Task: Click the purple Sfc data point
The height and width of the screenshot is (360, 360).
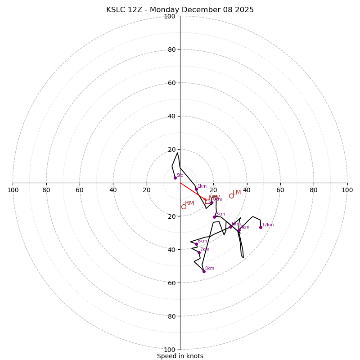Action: coord(175,178)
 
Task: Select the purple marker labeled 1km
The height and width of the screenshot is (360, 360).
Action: coord(196,189)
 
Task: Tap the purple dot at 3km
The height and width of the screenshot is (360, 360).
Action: coord(214,217)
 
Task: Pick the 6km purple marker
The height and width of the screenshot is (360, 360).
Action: coord(196,244)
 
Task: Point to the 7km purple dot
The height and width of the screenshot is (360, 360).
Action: coord(199,252)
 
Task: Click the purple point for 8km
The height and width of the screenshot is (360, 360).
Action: coord(204,271)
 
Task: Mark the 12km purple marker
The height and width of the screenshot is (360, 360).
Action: coord(261,227)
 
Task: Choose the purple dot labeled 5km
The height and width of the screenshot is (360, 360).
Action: coord(230,227)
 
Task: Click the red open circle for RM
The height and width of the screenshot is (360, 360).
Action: coord(184,207)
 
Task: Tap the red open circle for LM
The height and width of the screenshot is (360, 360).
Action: coord(231,196)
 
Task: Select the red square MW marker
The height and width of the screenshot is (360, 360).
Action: coord(208,201)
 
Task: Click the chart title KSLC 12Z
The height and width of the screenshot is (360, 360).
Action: coord(180,10)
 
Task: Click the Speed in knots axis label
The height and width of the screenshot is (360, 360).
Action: coord(180,356)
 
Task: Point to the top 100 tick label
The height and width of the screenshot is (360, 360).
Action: coord(170,16)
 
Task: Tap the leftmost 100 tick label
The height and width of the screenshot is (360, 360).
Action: coord(13,190)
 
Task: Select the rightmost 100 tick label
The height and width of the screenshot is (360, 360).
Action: coord(347,190)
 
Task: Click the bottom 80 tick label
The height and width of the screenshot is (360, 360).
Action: coord(171,316)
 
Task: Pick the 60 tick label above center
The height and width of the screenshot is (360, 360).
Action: coord(171,83)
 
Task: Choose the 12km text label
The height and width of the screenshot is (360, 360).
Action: coord(268,225)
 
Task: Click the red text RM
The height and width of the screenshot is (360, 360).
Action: coord(189,203)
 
